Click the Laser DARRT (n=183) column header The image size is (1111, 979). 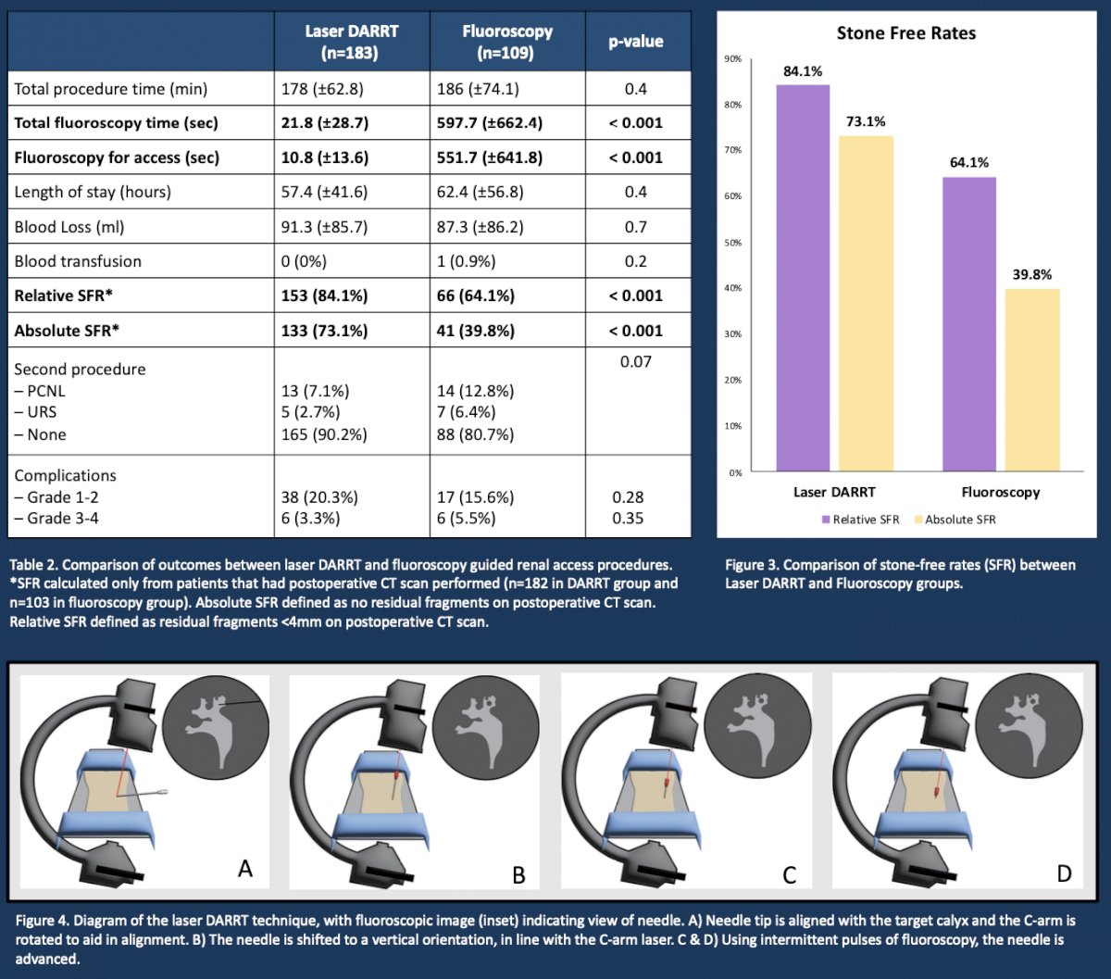(351, 42)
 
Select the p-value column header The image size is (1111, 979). (635, 41)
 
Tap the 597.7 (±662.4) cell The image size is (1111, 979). (489, 122)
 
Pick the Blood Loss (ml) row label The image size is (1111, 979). (69, 227)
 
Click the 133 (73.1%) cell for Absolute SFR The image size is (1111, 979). (324, 331)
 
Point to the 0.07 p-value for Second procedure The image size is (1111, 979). (635, 361)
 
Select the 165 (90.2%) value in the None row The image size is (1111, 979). (324, 434)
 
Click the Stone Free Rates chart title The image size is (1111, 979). (905, 33)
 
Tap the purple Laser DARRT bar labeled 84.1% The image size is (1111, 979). (803, 278)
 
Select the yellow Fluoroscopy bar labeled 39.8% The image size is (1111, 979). (1032, 380)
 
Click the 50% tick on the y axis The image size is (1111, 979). (733, 243)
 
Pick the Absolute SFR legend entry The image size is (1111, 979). (955, 519)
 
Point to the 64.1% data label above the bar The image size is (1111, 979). (969, 162)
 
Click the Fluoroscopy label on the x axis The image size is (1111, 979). (1000, 492)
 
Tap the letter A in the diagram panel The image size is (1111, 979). (245, 868)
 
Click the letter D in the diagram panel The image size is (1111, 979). (1064, 873)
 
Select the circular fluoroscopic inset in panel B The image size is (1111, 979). (485, 727)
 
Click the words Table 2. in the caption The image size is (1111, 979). (34, 565)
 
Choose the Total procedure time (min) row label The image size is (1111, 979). (111, 88)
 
